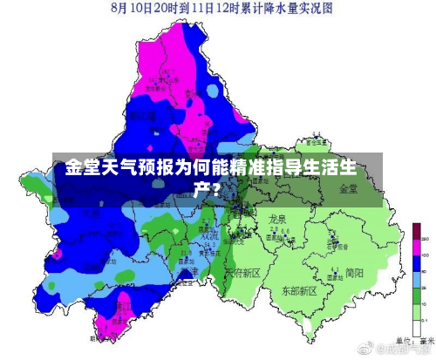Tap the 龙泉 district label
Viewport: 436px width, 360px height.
click(278, 219)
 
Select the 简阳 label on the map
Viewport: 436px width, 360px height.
click(354, 272)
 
